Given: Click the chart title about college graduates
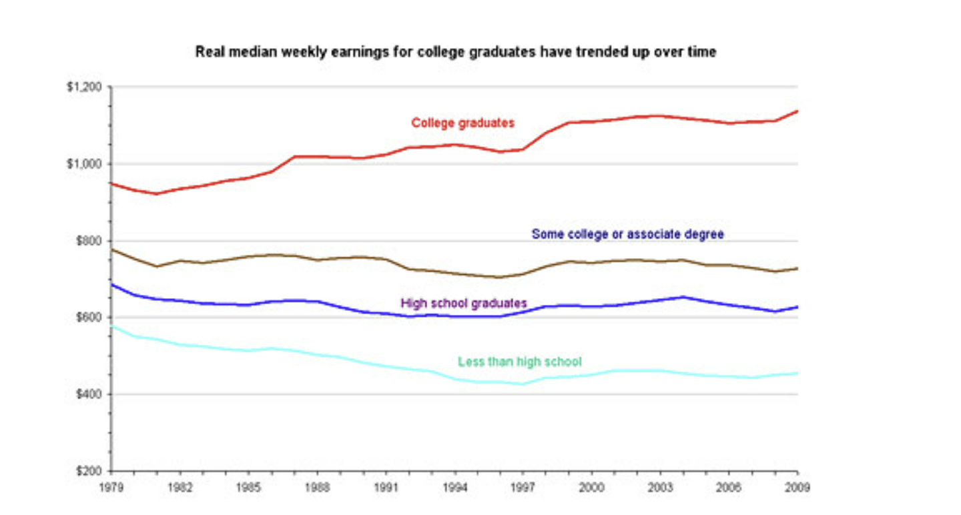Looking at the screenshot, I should (x=455, y=52).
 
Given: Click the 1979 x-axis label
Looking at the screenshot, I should (x=111, y=488).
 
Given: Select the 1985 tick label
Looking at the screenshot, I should (x=248, y=488).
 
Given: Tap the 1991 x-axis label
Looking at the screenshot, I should (x=386, y=488).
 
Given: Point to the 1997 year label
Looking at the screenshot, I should (x=523, y=488).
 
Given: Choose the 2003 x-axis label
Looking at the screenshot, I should (x=660, y=488).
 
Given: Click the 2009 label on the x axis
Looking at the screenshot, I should (x=797, y=488).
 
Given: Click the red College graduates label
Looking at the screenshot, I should (x=462, y=123).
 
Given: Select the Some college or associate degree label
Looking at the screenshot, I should (x=627, y=234).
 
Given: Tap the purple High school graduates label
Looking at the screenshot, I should (x=464, y=303).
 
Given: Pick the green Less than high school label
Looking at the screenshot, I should (x=519, y=362).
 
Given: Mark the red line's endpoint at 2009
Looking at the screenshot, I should (x=797, y=111).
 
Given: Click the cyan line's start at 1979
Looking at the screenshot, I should (x=112, y=326).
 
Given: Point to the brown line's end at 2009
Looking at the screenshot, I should (x=797, y=268).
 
